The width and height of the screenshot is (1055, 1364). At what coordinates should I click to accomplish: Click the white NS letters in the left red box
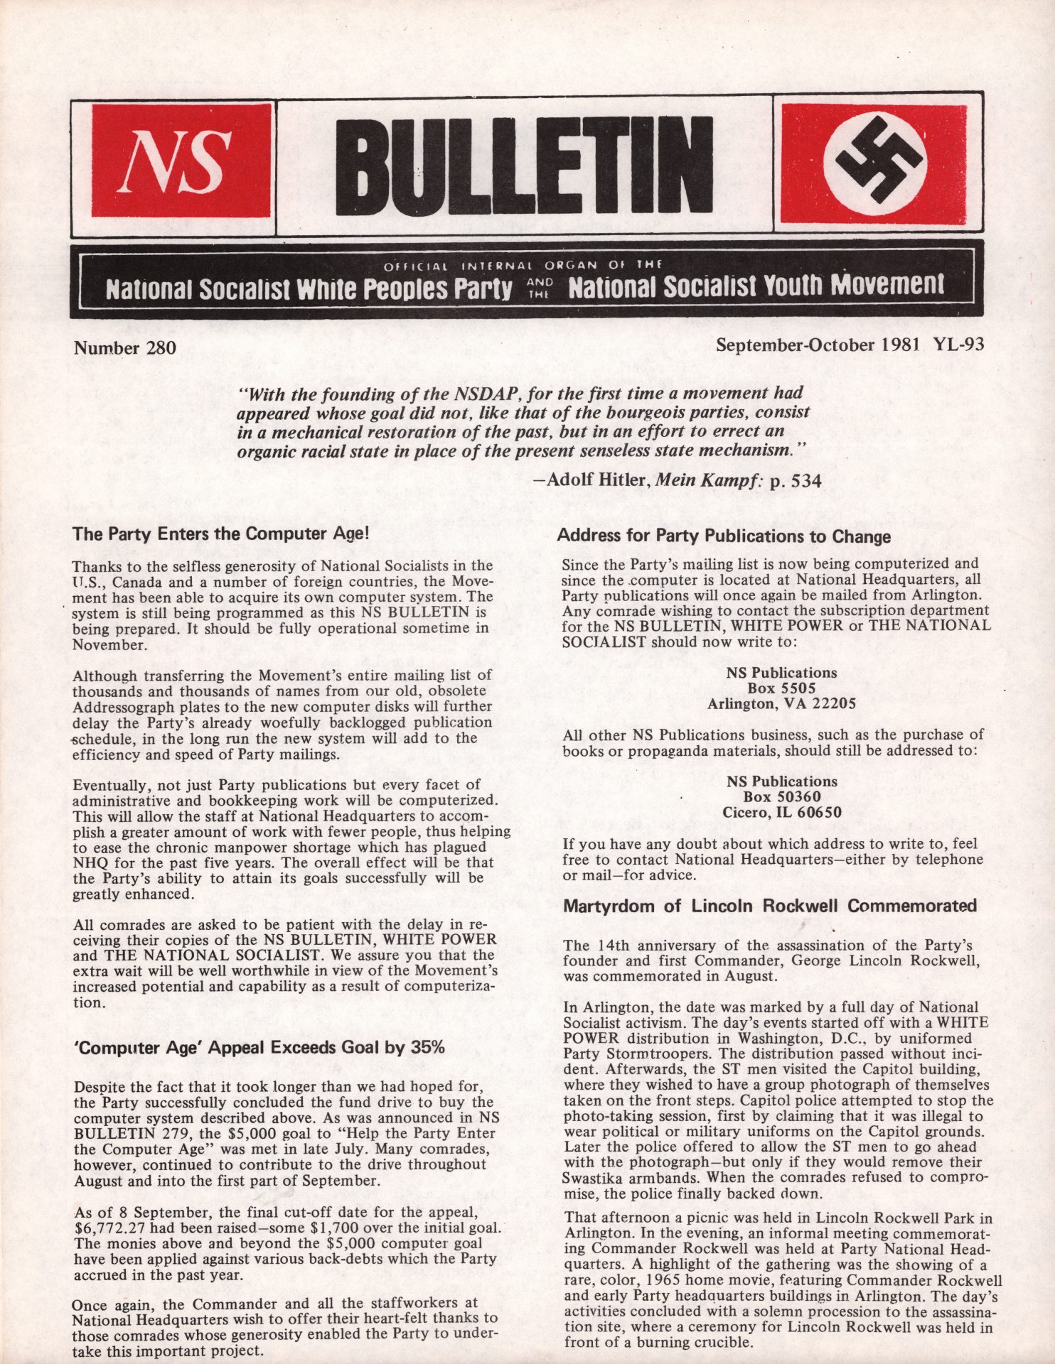(178, 161)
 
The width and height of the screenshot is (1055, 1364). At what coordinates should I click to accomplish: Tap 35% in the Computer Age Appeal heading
(428, 1047)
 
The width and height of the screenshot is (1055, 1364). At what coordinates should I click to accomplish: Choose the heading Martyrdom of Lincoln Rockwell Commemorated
(770, 906)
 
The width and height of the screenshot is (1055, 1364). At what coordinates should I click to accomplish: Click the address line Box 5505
(781, 688)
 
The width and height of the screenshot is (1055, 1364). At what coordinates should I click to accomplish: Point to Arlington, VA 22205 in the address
(781, 703)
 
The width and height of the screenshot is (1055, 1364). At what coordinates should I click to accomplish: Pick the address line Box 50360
(781, 796)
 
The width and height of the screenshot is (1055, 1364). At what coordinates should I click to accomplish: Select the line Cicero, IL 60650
(781, 812)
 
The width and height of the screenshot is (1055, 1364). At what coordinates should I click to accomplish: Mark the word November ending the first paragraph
(105, 644)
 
